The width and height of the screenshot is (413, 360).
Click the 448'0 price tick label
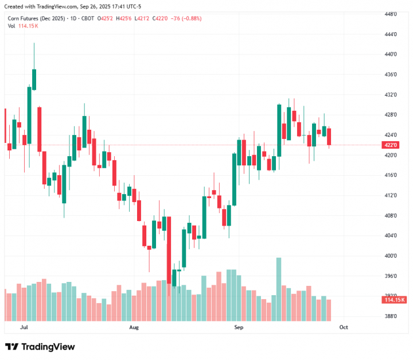pos(391,14)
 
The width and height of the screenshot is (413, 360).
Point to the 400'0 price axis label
pos(391,256)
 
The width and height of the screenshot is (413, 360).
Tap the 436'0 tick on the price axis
pos(391,75)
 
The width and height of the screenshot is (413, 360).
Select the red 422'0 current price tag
pos(392,145)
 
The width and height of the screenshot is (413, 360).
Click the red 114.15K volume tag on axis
pos(394,300)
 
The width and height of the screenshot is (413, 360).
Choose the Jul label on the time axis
pos(24,327)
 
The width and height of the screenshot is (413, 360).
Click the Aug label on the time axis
pos(134,327)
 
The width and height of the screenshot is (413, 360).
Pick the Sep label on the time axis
pos(239,327)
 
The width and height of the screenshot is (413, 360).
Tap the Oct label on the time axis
pos(344,327)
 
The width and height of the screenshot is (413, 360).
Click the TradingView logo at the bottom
pos(40,347)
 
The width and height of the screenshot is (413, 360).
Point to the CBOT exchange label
pos(87,18)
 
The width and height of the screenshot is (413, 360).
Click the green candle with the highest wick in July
pos(34,79)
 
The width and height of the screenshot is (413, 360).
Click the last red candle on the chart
pos(329,137)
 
